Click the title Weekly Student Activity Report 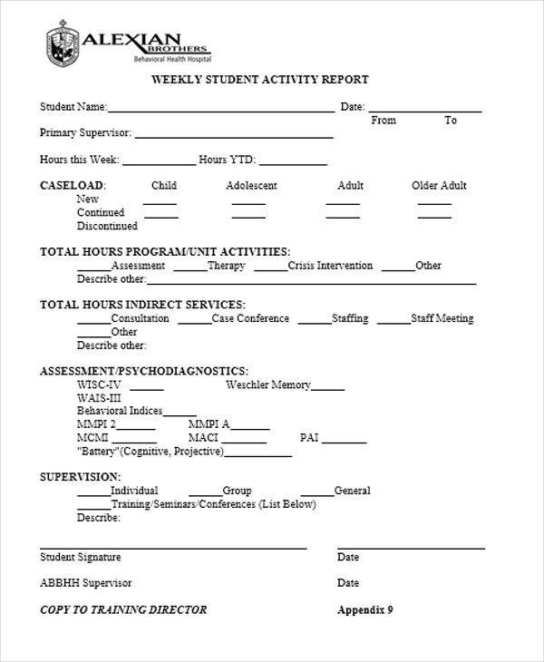[259, 80]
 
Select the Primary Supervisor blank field [234, 135]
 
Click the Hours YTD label [227, 160]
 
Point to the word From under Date [384, 121]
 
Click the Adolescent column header [251, 186]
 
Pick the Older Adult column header [439, 186]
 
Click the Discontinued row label [107, 226]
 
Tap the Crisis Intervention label [330, 266]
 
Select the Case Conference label [250, 318]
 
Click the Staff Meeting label [442, 318]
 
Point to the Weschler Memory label [267, 385]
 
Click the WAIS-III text [99, 397]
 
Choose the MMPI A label [209, 423]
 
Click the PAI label [308, 437]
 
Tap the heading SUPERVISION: [80, 476]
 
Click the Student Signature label [80, 557]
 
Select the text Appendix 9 [364, 609]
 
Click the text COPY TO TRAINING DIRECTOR [123, 609]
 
